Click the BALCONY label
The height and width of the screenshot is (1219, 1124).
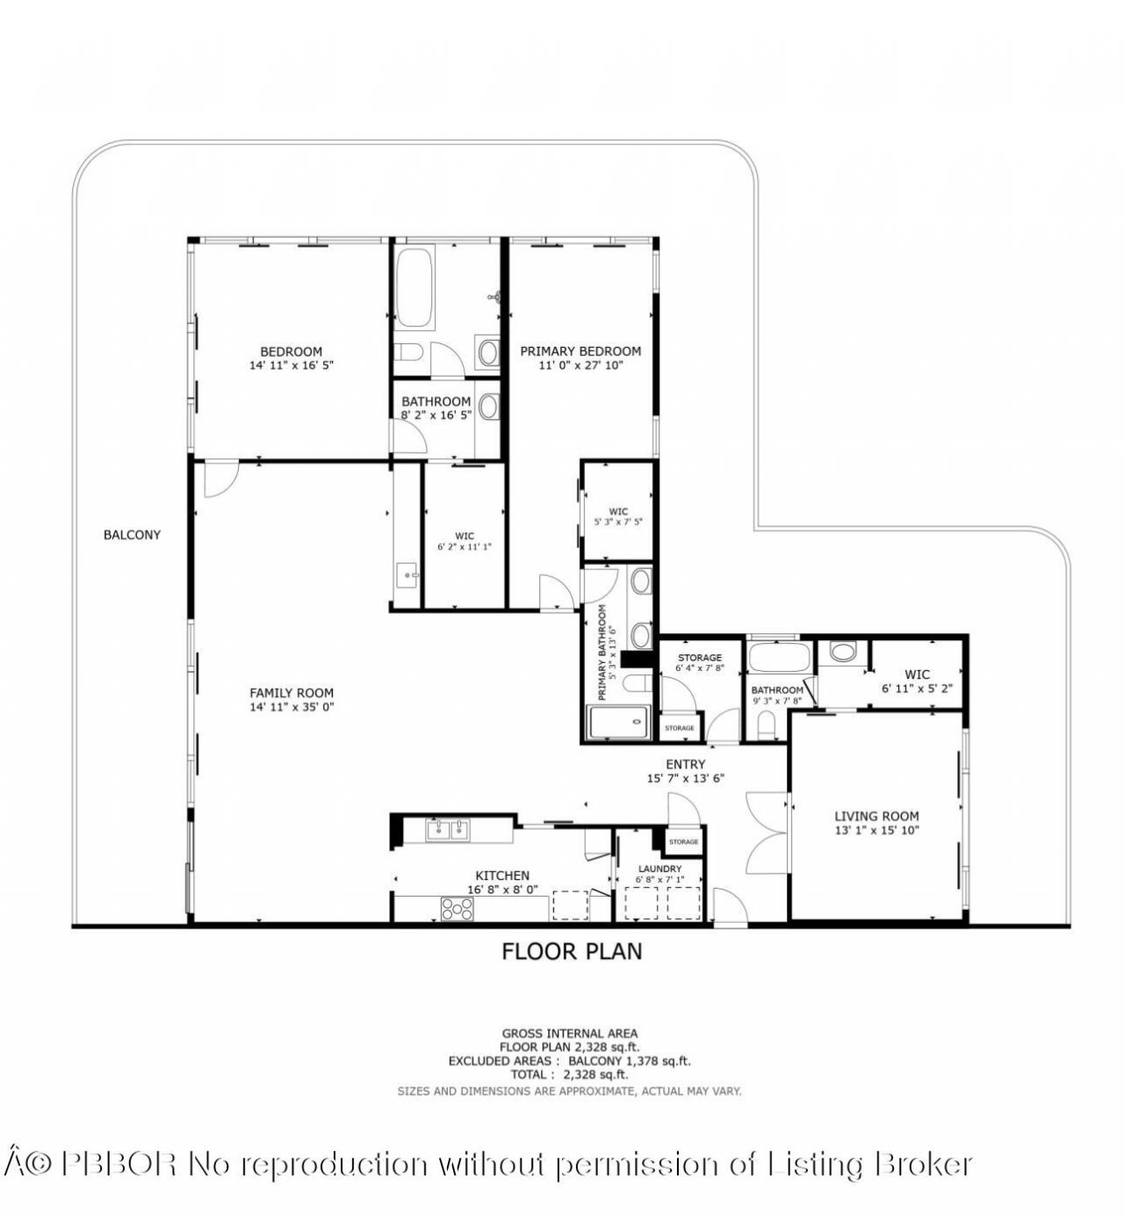[132, 534]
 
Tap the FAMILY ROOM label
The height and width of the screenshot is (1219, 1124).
[292, 693]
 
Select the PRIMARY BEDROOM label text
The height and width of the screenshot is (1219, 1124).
[580, 350]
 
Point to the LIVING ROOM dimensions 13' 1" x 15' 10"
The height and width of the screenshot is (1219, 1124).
[876, 829]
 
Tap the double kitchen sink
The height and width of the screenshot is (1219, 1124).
[448, 829]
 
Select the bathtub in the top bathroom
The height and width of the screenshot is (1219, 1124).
[413, 287]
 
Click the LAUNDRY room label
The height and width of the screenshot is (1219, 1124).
[659, 869]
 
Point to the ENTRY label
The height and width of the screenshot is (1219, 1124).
[685, 764]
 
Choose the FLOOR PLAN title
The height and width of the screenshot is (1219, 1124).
[572, 950]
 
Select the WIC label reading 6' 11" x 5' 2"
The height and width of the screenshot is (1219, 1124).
[917, 682]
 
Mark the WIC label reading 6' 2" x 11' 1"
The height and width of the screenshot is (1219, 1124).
[465, 541]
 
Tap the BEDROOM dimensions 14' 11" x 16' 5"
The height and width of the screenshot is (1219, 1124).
[292, 364]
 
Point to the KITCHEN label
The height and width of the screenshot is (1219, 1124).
[502, 875]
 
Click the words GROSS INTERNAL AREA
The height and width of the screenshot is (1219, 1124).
[570, 1034]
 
